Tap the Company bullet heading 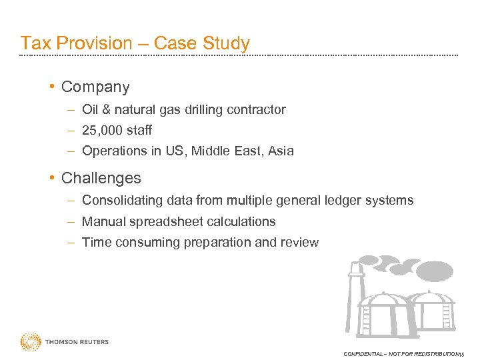95,87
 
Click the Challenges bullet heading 101,179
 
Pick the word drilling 201,110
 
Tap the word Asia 280,151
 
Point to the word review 300,243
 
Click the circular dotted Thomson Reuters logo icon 30,342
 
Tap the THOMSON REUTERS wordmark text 77,342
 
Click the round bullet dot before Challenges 52,179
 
